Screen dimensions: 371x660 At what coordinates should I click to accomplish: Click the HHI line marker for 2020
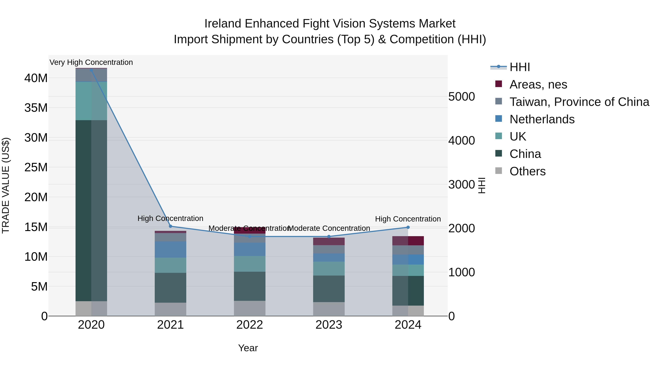point(91,70)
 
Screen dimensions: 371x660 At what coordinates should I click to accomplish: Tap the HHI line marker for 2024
point(408,227)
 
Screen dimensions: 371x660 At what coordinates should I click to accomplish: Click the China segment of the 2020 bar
point(91,211)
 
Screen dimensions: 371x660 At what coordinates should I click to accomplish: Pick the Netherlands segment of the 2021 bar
point(170,249)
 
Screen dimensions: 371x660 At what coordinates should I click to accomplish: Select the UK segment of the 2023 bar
point(329,269)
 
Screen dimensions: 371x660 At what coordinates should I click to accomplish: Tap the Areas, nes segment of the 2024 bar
point(408,241)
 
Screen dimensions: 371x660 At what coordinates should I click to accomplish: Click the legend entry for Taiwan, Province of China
point(579,102)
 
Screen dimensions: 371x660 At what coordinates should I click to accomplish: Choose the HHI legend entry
point(519,67)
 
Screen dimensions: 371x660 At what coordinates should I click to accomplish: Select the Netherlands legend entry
point(542,119)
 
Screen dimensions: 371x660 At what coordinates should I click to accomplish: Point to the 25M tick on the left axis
point(36,167)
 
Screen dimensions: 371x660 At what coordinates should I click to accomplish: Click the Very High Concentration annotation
point(91,62)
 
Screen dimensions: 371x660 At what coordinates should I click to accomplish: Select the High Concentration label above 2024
point(408,219)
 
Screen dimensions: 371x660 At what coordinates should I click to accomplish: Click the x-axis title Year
point(248,348)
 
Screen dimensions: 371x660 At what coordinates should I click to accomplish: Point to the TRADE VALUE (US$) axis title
point(6,185)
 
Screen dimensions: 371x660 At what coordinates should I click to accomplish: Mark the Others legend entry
point(527,171)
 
